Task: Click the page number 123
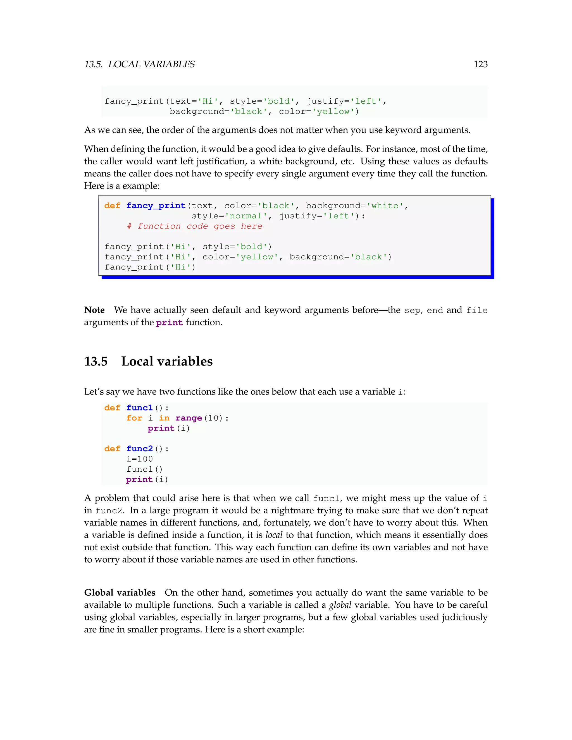point(480,65)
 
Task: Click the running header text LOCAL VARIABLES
point(151,65)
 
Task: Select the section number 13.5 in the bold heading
point(96,362)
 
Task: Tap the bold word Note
point(94,310)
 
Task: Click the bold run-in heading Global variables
point(120,593)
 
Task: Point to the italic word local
point(274,535)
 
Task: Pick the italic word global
point(340,605)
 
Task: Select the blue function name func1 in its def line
point(140,408)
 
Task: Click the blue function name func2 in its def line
point(140,449)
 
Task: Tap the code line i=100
point(140,459)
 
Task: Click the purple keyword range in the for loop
point(189,418)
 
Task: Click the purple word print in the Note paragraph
point(170,323)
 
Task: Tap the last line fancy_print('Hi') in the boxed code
point(150,267)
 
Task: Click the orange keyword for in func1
point(134,418)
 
